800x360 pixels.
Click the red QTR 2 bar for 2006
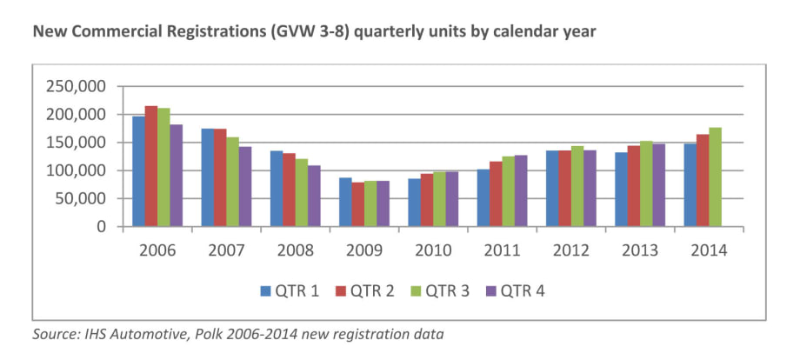(151, 166)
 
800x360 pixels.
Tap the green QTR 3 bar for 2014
(716, 177)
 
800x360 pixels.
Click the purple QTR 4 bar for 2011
(521, 190)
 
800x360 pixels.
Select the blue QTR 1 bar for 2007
(207, 177)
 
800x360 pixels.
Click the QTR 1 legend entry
(290, 290)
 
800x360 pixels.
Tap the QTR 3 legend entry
(443, 290)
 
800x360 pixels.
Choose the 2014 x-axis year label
(710, 250)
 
